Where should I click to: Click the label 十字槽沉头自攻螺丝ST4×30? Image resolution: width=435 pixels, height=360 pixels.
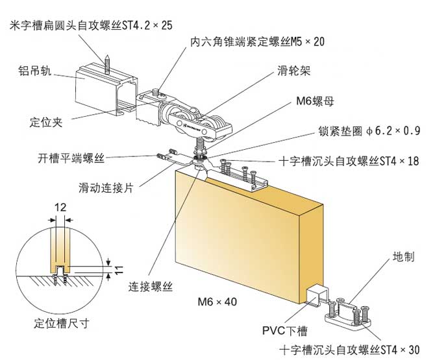[349, 348]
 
